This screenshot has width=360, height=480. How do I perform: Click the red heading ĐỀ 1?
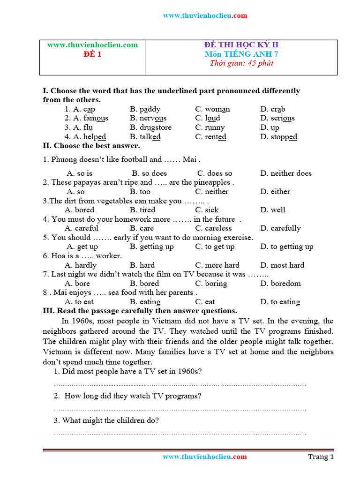click(x=92, y=54)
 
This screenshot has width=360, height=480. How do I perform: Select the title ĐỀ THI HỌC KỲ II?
click(x=241, y=45)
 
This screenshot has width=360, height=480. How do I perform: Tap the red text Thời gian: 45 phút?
click(x=241, y=63)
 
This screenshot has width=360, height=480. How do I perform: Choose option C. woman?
click(x=212, y=109)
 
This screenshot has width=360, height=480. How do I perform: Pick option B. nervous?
click(x=148, y=118)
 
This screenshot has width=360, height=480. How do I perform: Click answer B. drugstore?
click(x=150, y=127)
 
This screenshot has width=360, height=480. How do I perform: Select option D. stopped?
click(x=278, y=137)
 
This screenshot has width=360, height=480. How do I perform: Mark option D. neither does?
click(x=285, y=173)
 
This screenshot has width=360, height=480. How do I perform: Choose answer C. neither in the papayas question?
click(x=212, y=191)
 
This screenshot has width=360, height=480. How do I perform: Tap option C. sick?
click(x=207, y=210)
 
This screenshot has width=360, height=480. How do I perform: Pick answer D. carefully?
click(x=280, y=228)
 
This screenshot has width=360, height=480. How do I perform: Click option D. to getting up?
click(x=287, y=247)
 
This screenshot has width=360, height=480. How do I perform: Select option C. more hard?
click(x=217, y=265)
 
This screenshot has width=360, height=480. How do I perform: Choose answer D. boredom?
click(x=280, y=283)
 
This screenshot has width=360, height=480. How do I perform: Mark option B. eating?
click(x=145, y=302)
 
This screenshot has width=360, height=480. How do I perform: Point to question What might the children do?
click(x=106, y=420)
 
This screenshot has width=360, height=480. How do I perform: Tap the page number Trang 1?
click(x=321, y=457)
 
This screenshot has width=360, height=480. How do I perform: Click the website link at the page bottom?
click(x=204, y=457)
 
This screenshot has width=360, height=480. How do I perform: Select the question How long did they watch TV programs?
click(x=127, y=396)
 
